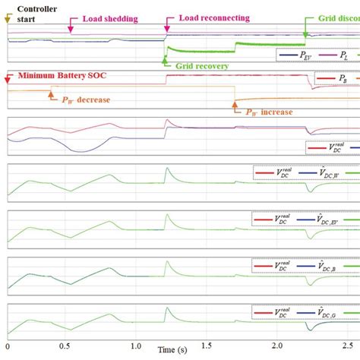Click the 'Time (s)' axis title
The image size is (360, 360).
[172, 351]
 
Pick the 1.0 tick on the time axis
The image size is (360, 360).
[134, 346]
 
